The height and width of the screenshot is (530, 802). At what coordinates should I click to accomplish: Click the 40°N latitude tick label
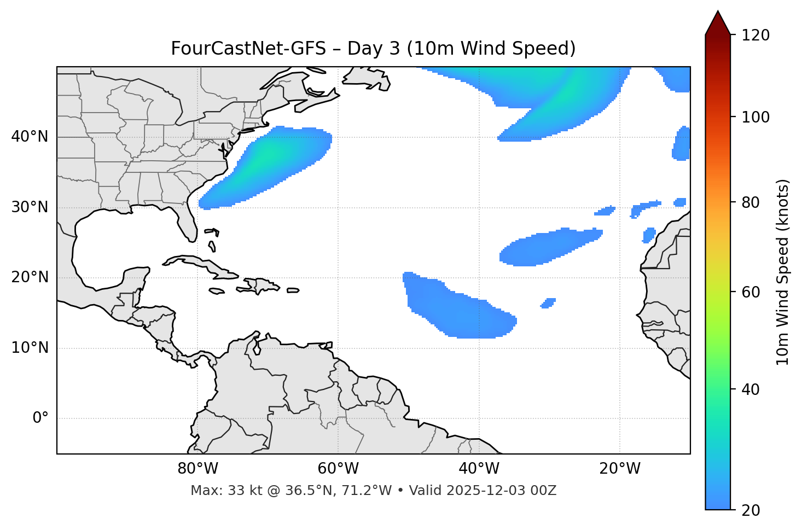(x=30, y=137)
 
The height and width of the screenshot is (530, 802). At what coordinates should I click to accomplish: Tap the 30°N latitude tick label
(x=30, y=207)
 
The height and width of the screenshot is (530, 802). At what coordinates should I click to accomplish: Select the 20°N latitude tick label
(x=30, y=277)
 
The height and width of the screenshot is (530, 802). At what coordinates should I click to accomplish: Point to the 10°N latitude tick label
(x=30, y=348)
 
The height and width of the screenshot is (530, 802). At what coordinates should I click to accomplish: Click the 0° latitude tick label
(x=40, y=418)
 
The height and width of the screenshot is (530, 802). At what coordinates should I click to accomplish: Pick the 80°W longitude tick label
(x=197, y=469)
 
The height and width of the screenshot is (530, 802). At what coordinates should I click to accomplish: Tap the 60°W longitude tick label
(x=338, y=469)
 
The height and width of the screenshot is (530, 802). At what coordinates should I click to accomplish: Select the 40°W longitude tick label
(x=479, y=469)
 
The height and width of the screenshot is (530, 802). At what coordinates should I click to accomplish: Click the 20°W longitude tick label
(x=619, y=469)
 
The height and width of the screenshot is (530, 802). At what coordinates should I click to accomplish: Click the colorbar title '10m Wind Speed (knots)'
(x=783, y=272)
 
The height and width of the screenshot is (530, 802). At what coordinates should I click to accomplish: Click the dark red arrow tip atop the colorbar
(x=718, y=22)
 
